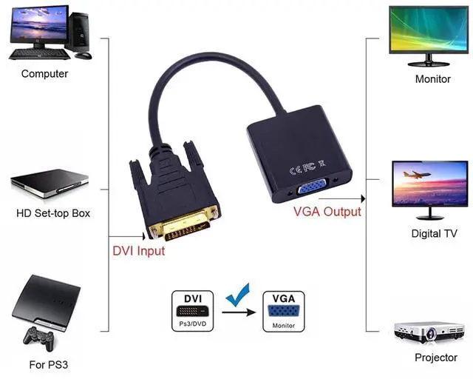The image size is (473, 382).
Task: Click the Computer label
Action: click(x=44, y=74)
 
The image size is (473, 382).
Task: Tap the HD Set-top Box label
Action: click(x=53, y=214)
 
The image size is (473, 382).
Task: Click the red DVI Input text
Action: click(x=139, y=251)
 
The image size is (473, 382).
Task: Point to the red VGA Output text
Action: click(x=327, y=212)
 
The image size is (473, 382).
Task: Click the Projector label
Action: click(x=435, y=357)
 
